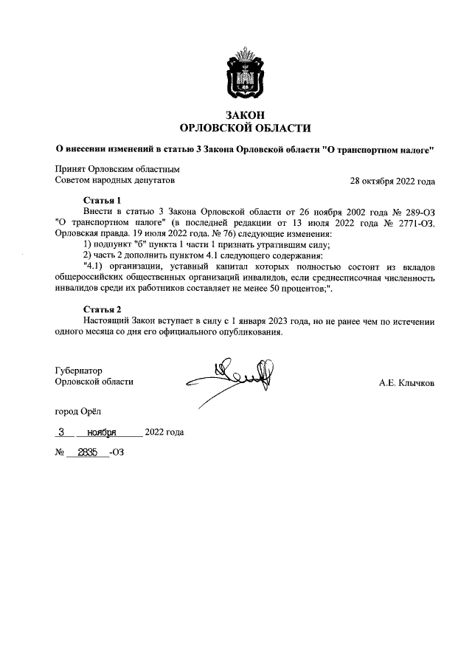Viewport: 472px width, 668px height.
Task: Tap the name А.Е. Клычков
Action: click(407, 383)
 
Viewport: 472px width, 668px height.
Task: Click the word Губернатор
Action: click(78, 371)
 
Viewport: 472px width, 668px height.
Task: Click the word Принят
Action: click(71, 170)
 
